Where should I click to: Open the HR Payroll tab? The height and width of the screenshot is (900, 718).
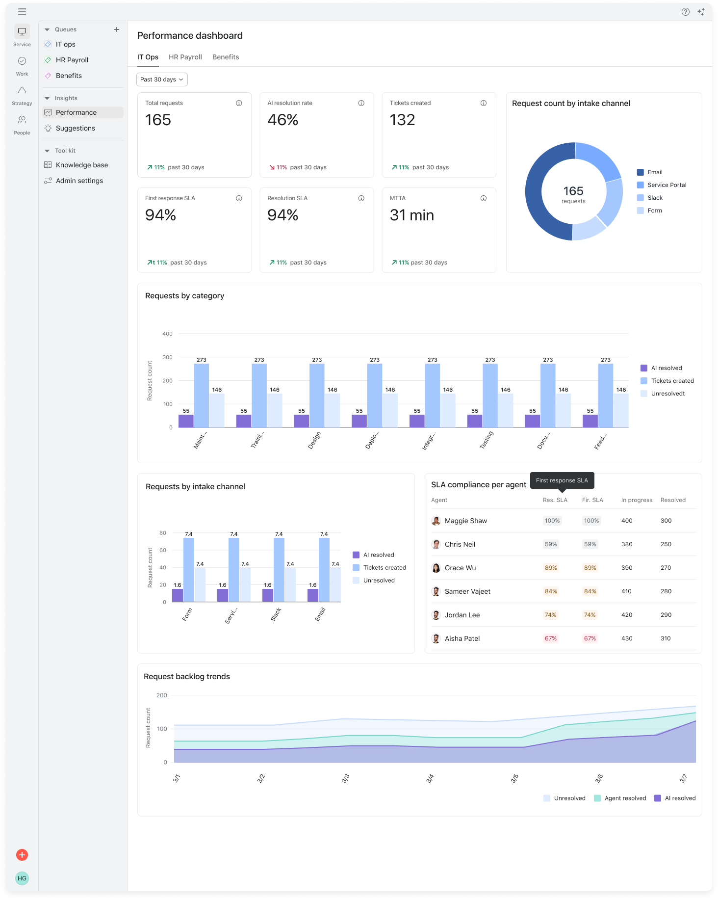pos(185,57)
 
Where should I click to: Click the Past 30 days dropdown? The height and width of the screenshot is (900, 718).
pos(162,79)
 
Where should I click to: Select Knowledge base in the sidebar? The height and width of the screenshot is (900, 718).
pos(81,165)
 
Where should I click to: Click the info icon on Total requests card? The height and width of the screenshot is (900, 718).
pos(239,103)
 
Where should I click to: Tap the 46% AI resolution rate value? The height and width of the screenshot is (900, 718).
pos(283,120)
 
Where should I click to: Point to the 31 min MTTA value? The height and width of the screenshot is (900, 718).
pos(411,215)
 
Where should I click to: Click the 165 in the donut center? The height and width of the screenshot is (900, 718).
pos(573,190)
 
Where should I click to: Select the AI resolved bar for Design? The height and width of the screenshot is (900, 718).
pos(302,421)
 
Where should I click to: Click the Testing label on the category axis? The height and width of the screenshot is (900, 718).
pos(487,440)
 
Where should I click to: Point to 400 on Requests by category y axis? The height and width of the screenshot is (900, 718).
pos(167,334)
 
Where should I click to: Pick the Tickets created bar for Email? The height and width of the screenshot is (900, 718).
pos(324,570)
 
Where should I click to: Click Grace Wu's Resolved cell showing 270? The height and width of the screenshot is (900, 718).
pos(666,568)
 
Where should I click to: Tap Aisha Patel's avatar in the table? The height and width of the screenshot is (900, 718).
pos(436,638)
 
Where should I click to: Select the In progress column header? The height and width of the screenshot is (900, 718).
pos(637,500)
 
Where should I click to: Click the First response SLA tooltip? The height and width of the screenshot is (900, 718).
pos(562,480)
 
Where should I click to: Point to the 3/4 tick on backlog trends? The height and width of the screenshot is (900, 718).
pos(430,778)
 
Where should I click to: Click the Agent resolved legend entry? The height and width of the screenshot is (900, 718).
pos(620,798)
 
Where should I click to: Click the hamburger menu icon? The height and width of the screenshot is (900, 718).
pos(22,12)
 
